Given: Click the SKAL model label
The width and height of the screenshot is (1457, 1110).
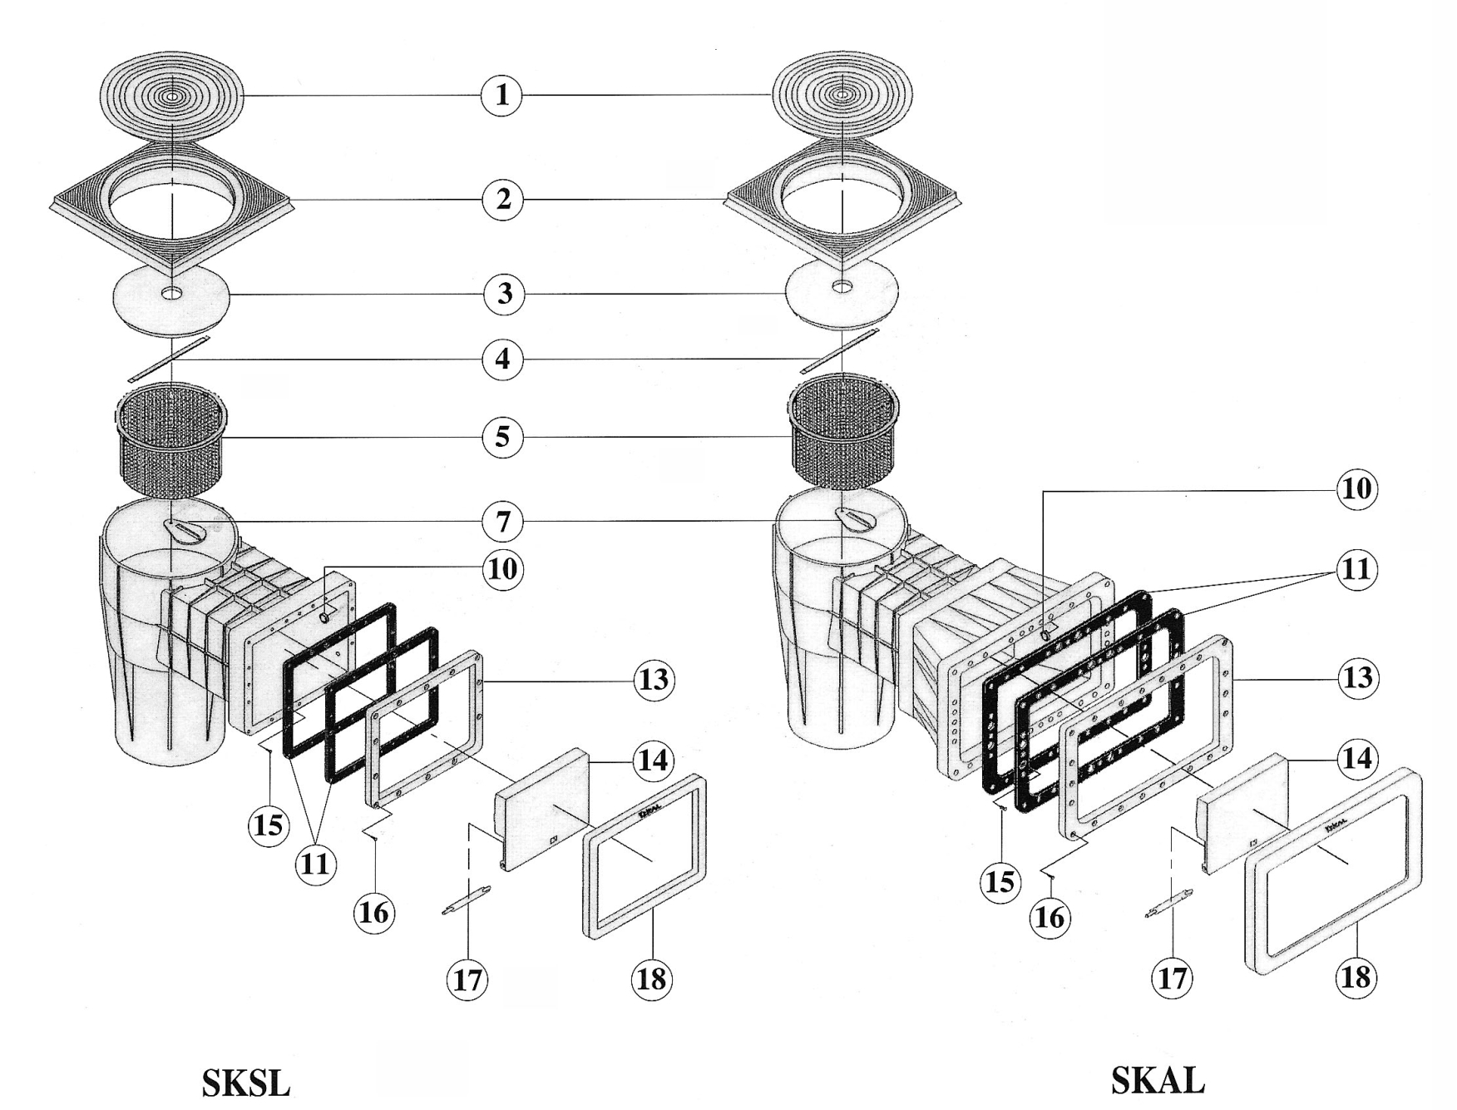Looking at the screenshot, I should click(1157, 1080).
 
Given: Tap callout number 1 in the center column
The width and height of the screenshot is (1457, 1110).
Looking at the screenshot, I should click(501, 95).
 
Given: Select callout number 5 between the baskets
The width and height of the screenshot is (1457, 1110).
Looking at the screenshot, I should click(502, 437).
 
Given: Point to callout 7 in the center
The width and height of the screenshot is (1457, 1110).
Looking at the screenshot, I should click(503, 523).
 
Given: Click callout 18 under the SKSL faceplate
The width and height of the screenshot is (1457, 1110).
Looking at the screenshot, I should click(652, 979).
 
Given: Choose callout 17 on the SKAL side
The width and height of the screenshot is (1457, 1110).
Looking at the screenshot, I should click(1172, 979).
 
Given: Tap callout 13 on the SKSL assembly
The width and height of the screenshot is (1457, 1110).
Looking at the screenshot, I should click(654, 680).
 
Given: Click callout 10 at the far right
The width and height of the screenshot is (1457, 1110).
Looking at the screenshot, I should click(1356, 488).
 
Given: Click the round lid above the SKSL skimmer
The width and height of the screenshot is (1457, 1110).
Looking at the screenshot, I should click(171, 97).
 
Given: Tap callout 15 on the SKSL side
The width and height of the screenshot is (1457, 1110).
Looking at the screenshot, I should click(268, 825).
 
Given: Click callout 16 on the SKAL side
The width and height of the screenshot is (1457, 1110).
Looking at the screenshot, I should click(1050, 916).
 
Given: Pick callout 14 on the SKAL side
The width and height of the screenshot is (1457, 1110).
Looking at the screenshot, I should click(1356, 759).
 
